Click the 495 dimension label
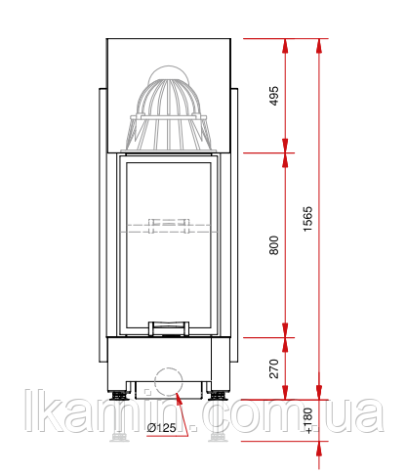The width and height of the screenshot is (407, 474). click(x=274, y=96)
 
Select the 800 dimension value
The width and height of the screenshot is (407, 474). click(x=274, y=245)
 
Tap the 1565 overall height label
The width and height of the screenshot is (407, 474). click(x=307, y=219)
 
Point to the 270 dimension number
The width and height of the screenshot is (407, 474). click(x=274, y=368)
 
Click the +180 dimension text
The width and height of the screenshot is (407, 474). click(x=307, y=420)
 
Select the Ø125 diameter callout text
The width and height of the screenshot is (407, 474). click(x=161, y=427)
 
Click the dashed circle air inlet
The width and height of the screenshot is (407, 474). click(x=169, y=381)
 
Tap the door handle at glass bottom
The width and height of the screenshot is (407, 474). click(x=169, y=328)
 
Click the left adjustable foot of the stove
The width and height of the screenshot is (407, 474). click(x=119, y=396)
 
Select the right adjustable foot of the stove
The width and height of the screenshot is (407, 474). click(x=218, y=396)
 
